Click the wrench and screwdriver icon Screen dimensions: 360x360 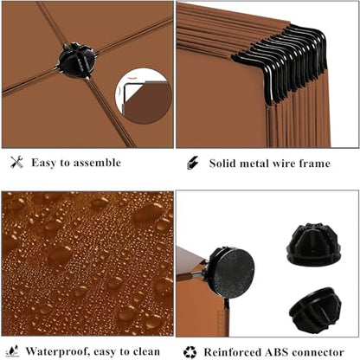pyautogui.click(x=16, y=162)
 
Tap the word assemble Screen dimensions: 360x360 pyautogui.click(x=97, y=163)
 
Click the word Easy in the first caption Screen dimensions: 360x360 pyautogui.click(x=43, y=163)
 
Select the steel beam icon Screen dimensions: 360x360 pyautogui.click(x=193, y=163)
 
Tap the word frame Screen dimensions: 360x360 pyautogui.click(x=315, y=164)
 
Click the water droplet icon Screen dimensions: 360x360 pyautogui.click(x=12, y=351)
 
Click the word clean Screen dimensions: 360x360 pyautogui.click(x=146, y=351)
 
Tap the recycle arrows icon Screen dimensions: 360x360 pyautogui.click(x=190, y=352)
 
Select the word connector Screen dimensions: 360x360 pyautogui.click(x=318, y=352)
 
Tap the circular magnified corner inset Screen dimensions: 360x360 pyautogui.click(x=144, y=96)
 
